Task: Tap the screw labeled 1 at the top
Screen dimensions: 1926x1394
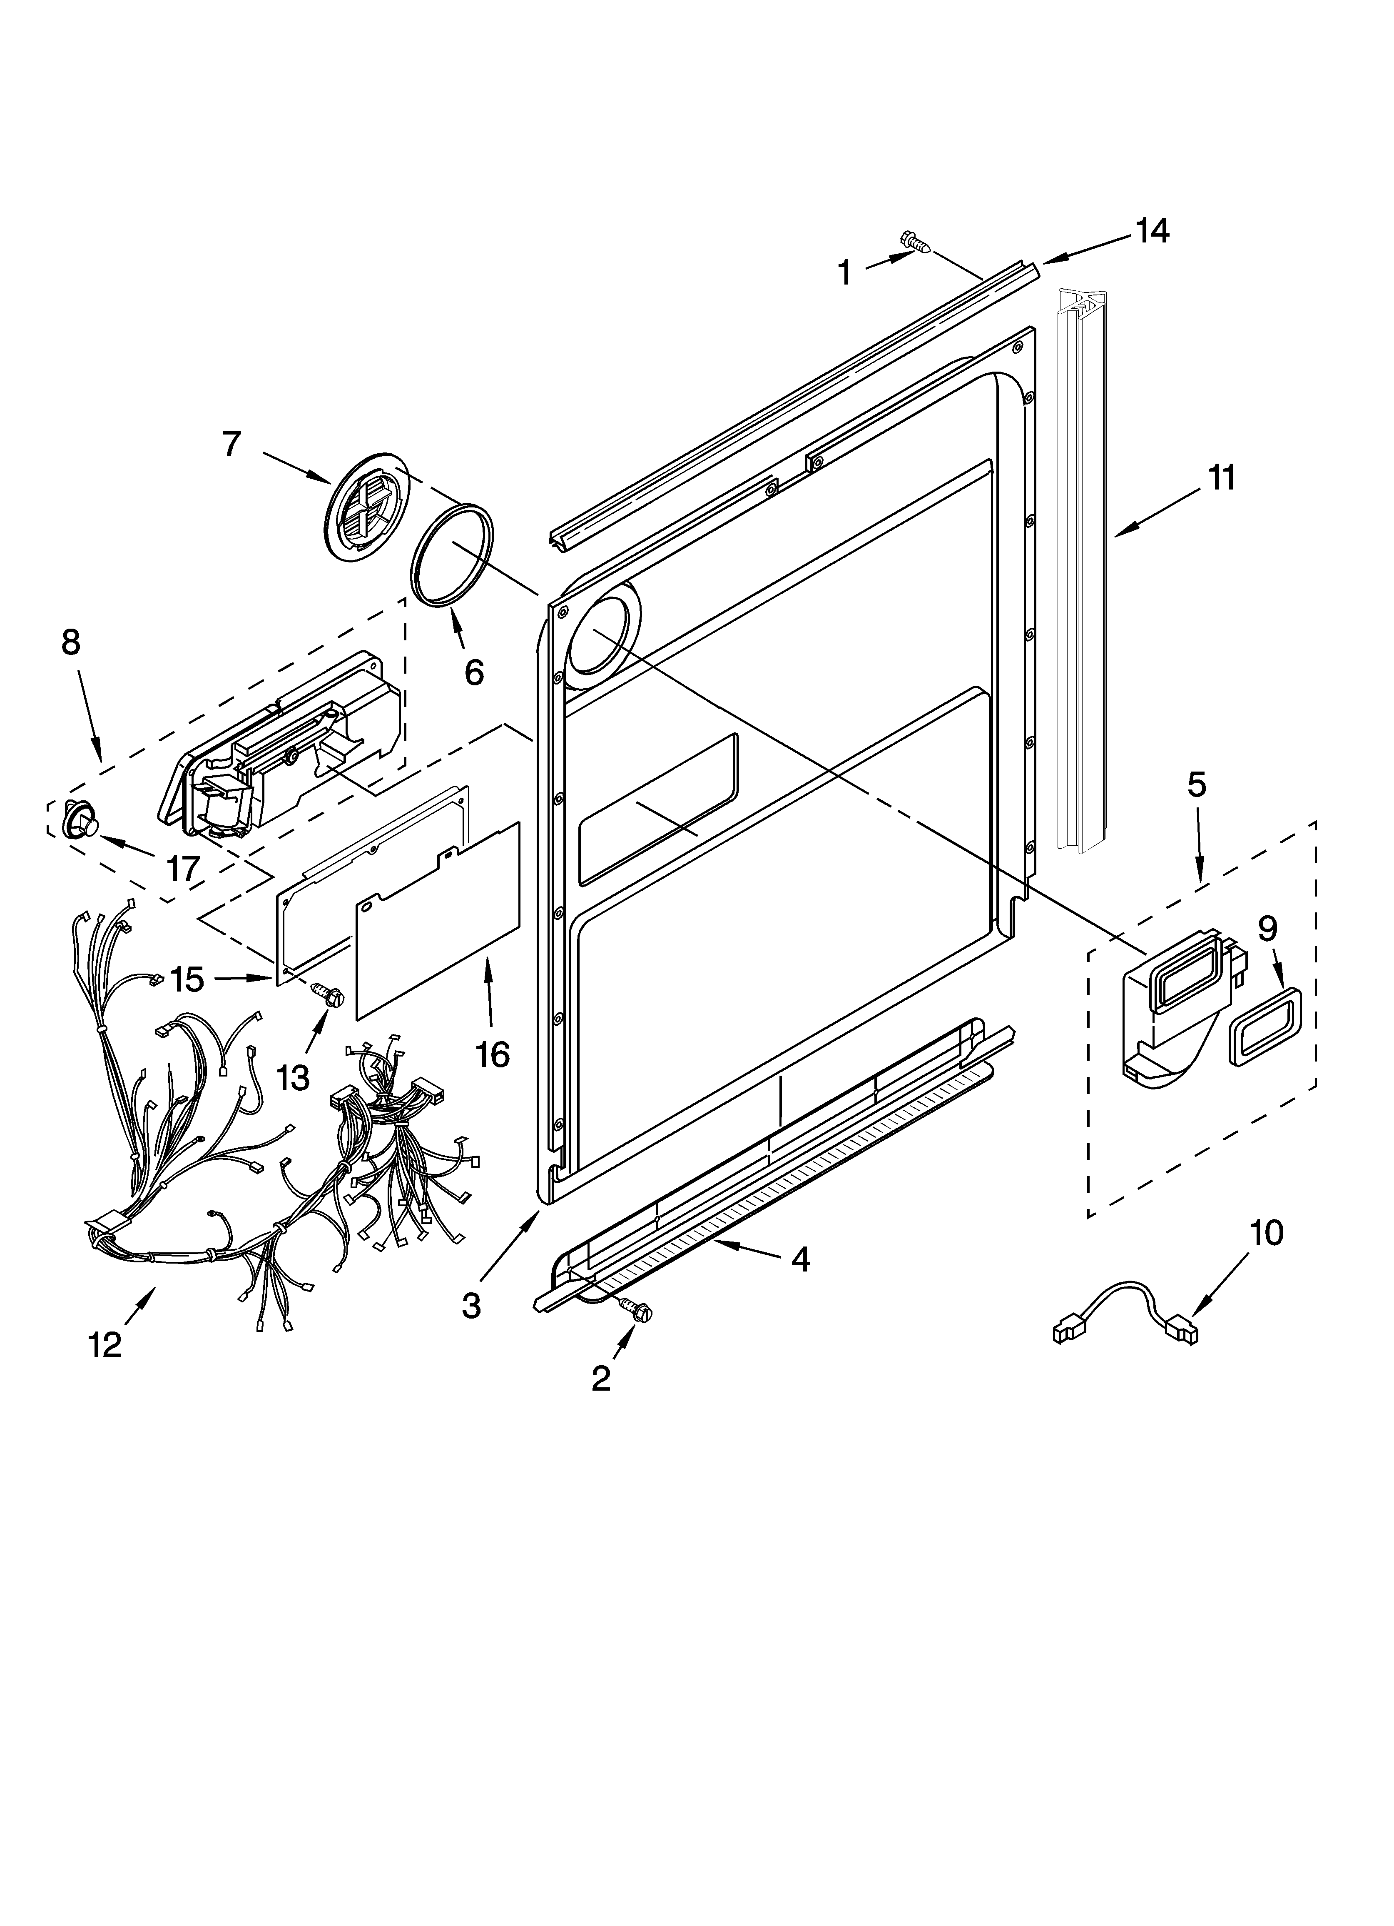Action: point(915,243)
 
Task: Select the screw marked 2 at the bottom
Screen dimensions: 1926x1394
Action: point(638,1310)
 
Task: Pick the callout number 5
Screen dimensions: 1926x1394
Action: point(1195,785)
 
